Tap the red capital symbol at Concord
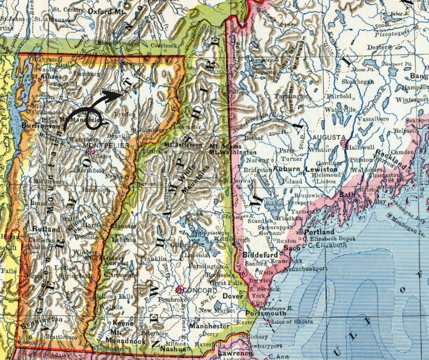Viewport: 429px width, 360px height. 180,289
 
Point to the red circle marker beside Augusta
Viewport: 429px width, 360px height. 343,143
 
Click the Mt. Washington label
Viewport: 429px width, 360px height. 233,152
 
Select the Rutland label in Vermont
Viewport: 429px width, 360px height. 46,229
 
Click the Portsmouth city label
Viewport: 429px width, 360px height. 266,313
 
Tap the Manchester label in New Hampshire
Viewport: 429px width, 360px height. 209,327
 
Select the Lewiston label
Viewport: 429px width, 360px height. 321,169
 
